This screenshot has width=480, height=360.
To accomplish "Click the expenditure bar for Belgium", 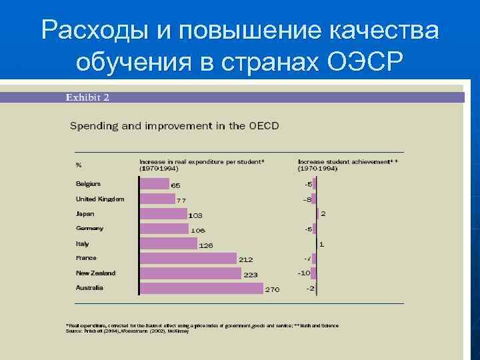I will click(155, 183).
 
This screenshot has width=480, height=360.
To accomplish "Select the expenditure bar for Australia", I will click(202, 288).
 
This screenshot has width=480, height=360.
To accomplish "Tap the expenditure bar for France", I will click(189, 258).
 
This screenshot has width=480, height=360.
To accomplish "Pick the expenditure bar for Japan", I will click(164, 213).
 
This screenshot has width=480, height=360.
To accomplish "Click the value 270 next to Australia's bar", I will click(273, 289).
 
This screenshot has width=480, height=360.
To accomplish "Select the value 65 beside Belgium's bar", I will click(175, 185).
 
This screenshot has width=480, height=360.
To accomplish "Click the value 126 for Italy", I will click(205, 245).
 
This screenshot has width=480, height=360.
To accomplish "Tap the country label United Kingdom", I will click(100, 199).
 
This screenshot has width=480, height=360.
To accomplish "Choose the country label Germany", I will click(90, 228).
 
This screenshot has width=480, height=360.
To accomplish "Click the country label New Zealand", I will click(96, 273).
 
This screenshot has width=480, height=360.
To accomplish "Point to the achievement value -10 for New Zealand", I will click(304, 273).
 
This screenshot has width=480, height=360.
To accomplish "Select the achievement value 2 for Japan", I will click(323, 213).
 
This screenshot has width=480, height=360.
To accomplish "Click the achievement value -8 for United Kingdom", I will click(307, 199).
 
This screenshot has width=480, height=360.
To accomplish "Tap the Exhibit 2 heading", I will click(87, 97).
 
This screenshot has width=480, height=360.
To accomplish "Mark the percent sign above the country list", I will click(79, 165).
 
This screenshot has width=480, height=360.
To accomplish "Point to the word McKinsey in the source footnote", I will click(177, 331).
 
